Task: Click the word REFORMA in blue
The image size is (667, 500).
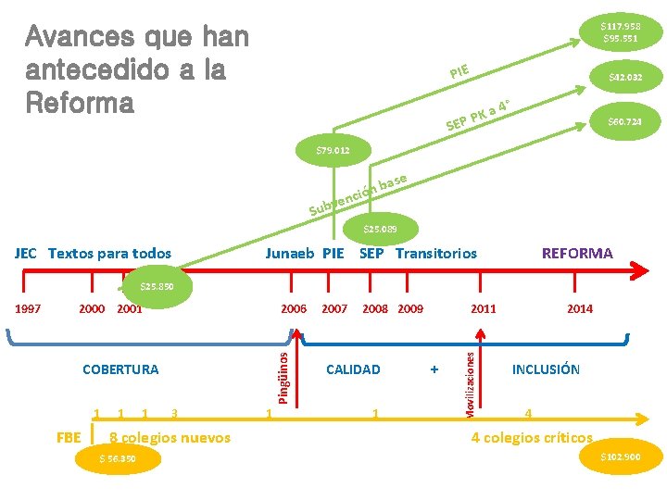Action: pyautogui.click(x=577, y=253)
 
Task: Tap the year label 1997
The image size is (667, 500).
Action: pyautogui.click(x=28, y=308)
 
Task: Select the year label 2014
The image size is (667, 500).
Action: pyautogui.click(x=580, y=308)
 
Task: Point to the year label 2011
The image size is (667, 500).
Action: pyautogui.click(x=483, y=308)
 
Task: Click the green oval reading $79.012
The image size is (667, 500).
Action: pyautogui.click(x=331, y=148)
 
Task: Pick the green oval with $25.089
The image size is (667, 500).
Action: pyautogui.click(x=380, y=228)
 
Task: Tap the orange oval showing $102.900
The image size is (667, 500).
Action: pyautogui.click(x=621, y=457)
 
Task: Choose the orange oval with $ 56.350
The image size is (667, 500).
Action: pyautogui.click(x=118, y=458)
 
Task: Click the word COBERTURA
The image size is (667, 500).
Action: pyautogui.click(x=120, y=369)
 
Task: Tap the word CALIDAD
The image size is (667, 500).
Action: pyautogui.click(x=353, y=369)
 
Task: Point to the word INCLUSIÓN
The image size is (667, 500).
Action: pyautogui.click(x=546, y=369)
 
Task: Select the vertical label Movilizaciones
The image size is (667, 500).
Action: pyautogui.click(x=470, y=380)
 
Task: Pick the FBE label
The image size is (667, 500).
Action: pyautogui.click(x=69, y=437)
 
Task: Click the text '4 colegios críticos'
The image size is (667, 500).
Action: pyautogui.click(x=532, y=437)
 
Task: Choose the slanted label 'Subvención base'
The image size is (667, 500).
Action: pyautogui.click(x=357, y=194)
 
